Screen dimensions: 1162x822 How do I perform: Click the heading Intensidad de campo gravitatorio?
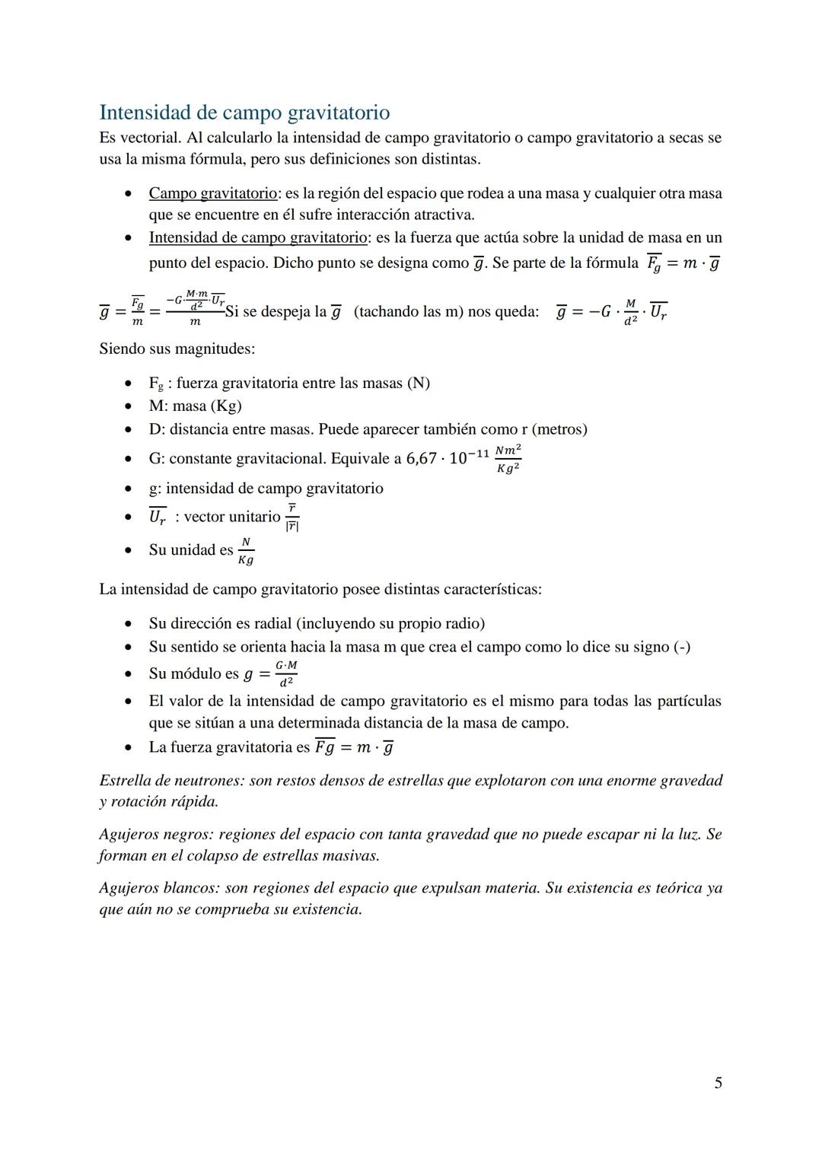244,113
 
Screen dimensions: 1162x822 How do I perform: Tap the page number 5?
718,1083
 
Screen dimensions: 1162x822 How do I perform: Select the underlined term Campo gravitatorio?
212,193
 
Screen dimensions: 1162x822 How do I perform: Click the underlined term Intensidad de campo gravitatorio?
258,237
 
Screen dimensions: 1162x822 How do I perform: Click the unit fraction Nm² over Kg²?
508,460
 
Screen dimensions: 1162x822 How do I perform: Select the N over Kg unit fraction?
245,550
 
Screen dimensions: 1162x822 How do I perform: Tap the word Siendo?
123,349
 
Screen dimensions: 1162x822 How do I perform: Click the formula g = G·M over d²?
271,674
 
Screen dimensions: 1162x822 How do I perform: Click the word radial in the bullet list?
270,624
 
